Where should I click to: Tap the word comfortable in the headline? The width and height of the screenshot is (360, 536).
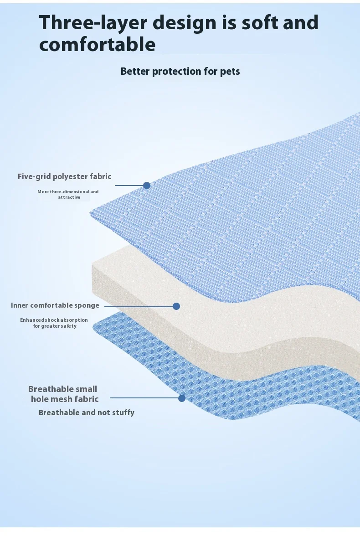97,45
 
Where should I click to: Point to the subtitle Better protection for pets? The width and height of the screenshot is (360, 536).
180,72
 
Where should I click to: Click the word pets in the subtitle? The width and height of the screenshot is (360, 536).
229,72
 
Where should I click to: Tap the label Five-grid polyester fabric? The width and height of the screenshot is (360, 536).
64,176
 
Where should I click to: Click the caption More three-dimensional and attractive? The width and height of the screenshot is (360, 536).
68,195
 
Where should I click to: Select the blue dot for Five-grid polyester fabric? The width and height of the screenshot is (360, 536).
147,186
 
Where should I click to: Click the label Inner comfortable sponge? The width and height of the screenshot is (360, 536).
55,305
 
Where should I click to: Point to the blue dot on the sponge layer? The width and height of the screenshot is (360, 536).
176,306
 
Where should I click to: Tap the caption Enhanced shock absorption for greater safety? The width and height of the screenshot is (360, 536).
54,323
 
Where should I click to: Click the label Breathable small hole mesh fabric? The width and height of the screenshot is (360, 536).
64,394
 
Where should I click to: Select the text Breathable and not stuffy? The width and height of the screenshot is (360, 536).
87,412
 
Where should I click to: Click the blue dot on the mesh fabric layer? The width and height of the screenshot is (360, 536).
182,398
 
